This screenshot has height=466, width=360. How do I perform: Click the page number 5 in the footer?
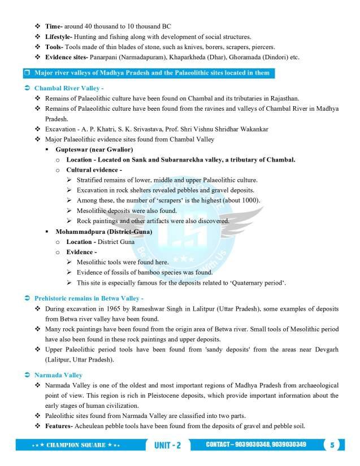click(x=333, y=445)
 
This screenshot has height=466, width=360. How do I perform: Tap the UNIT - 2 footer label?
click(x=167, y=445)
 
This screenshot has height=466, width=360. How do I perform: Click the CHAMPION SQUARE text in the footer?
click(x=76, y=445)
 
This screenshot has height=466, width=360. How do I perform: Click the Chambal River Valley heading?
click(x=68, y=89)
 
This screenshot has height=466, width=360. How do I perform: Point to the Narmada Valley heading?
click(x=58, y=374)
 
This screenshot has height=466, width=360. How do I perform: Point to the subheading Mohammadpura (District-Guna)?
click(x=102, y=232)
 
